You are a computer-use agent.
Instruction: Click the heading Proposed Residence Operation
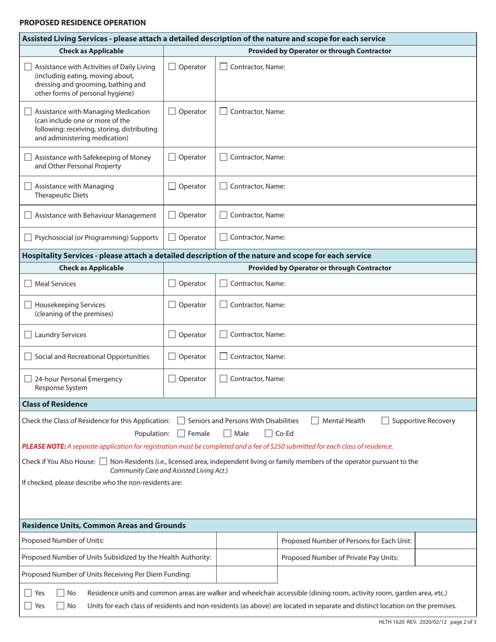click(x=82, y=22)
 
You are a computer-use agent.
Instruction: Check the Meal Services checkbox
click(x=28, y=284)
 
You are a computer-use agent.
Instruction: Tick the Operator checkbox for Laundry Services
click(x=172, y=335)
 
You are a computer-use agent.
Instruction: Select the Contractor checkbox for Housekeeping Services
click(x=223, y=305)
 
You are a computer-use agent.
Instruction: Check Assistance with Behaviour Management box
click(x=28, y=216)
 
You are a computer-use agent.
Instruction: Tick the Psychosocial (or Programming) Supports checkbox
click(x=28, y=238)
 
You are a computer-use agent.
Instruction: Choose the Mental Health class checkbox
click(x=315, y=421)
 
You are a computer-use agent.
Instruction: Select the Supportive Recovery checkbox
click(x=385, y=421)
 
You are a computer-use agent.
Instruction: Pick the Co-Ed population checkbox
click(x=268, y=433)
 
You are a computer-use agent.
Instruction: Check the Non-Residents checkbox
click(x=103, y=461)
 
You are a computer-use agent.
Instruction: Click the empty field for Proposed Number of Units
click(x=246, y=540)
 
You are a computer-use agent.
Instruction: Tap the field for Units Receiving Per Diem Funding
click(x=246, y=575)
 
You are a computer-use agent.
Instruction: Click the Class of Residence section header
click(x=55, y=404)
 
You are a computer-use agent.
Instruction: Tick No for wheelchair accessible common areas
click(x=61, y=593)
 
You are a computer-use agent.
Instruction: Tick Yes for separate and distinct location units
click(x=28, y=606)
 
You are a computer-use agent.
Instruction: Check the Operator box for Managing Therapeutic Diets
click(x=172, y=186)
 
